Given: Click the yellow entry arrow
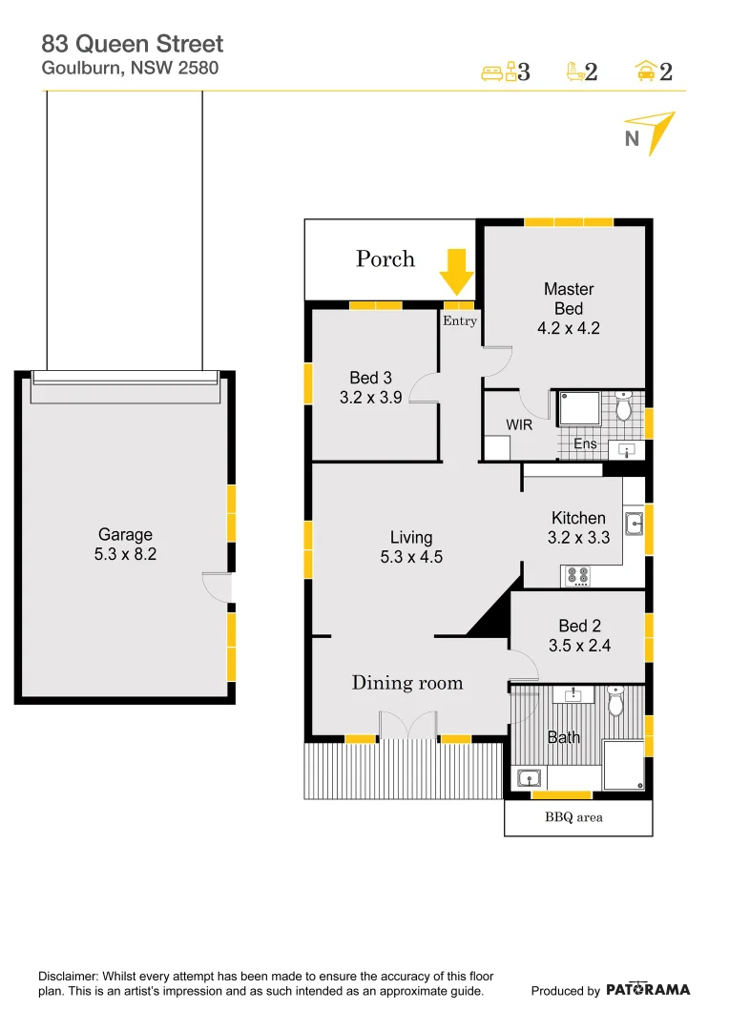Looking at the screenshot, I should click(456, 271).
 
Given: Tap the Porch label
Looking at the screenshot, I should click(385, 258).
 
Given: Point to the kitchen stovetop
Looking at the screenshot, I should click(578, 575).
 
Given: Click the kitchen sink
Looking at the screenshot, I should click(635, 523).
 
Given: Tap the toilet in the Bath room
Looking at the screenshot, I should click(615, 703).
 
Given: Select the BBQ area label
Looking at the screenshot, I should click(574, 817).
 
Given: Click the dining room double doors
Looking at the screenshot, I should click(407, 725).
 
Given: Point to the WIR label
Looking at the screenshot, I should click(519, 425).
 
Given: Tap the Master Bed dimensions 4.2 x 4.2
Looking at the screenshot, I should click(569, 329).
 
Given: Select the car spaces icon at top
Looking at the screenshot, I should click(646, 72).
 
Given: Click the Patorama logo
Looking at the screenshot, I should click(648, 990).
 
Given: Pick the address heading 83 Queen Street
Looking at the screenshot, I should click(133, 43).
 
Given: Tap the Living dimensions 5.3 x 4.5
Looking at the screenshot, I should click(411, 558).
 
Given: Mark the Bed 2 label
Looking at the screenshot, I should click(579, 626).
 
